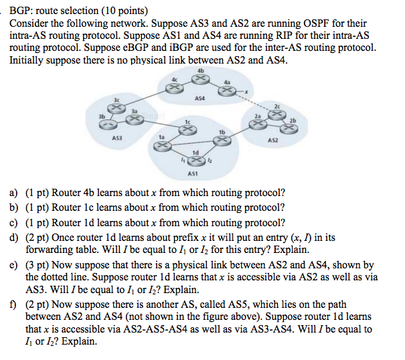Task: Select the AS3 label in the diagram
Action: [x=116, y=139]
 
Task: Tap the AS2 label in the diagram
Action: [x=272, y=141]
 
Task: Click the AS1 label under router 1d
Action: [x=193, y=173]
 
